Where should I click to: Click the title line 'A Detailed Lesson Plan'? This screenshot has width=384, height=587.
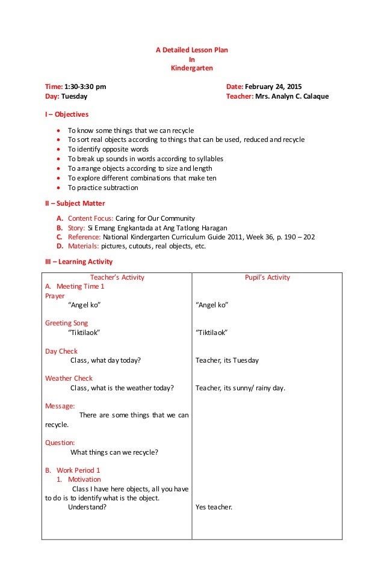pos(192,50)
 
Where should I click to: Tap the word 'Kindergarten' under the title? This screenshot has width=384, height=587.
pos(192,69)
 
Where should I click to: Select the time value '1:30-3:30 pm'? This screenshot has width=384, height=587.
pos(87,87)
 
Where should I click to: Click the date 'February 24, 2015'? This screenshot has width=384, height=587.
pos(277,87)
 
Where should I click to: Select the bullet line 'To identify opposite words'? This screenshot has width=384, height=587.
pos(108,149)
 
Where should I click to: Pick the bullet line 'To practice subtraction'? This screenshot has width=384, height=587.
pos(103,188)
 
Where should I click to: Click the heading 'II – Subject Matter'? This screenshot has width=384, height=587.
pos(75,203)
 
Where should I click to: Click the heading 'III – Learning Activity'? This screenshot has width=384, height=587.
pos(79,262)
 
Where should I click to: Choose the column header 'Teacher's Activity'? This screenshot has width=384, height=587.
pos(117,277)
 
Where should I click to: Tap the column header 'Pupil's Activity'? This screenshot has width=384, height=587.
pos(267,277)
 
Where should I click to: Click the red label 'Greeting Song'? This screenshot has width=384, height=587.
pos(66,323)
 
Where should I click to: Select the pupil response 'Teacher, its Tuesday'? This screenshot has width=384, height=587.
pos(227,360)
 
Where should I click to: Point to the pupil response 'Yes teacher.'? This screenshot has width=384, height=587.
pos(214,507)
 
